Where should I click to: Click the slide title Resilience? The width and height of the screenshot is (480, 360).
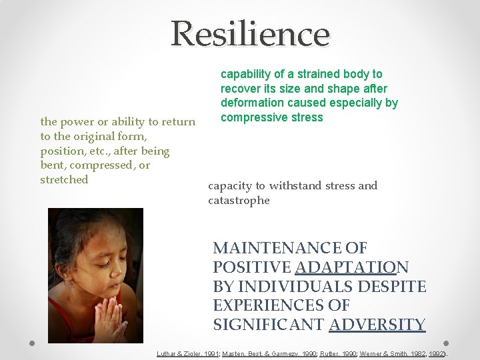[250, 33]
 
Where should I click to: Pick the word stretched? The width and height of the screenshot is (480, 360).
[64, 179]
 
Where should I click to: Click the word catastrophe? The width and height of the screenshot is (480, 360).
[239, 200]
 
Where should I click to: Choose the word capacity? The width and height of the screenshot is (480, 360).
[229, 186]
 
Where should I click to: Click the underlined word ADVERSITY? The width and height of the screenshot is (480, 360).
[377, 325]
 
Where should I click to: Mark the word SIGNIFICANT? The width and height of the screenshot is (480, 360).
[269, 325]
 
